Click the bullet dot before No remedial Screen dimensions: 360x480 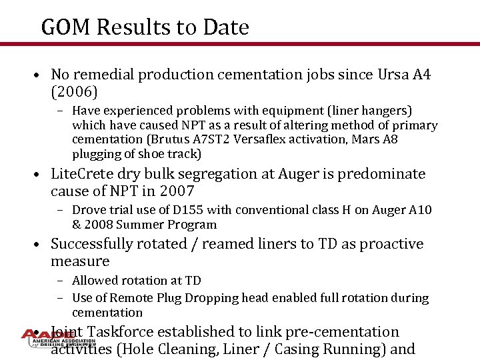tap(41, 75)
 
